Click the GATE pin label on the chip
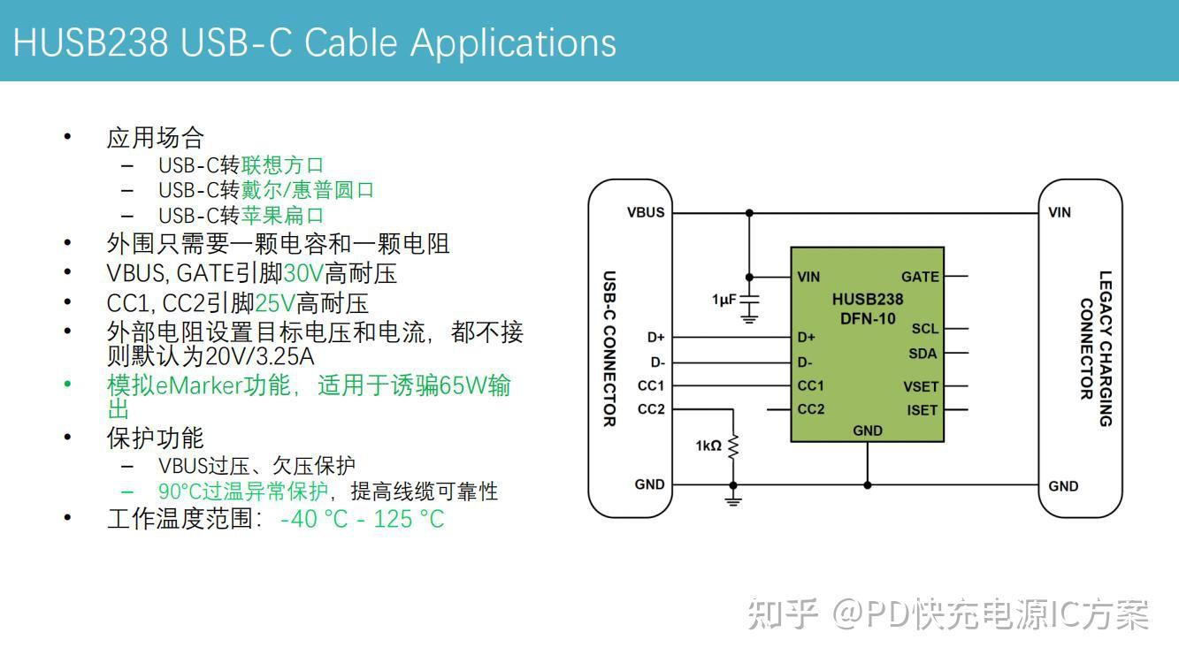tap(920, 277)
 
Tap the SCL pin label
tap(924, 329)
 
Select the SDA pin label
tap(923, 354)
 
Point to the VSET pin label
tap(921, 386)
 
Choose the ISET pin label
tap(922, 409)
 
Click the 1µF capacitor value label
tap(723, 300)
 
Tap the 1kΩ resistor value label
tap(708, 446)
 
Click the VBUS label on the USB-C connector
tap(645, 212)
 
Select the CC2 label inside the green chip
tap(811, 409)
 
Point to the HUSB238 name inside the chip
tap(867, 300)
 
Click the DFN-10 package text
tap(867, 318)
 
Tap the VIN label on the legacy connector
tap(1060, 212)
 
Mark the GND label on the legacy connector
tap(1063, 485)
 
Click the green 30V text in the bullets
tap(303, 273)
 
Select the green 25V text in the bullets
tap(275, 303)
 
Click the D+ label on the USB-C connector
tap(655, 337)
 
